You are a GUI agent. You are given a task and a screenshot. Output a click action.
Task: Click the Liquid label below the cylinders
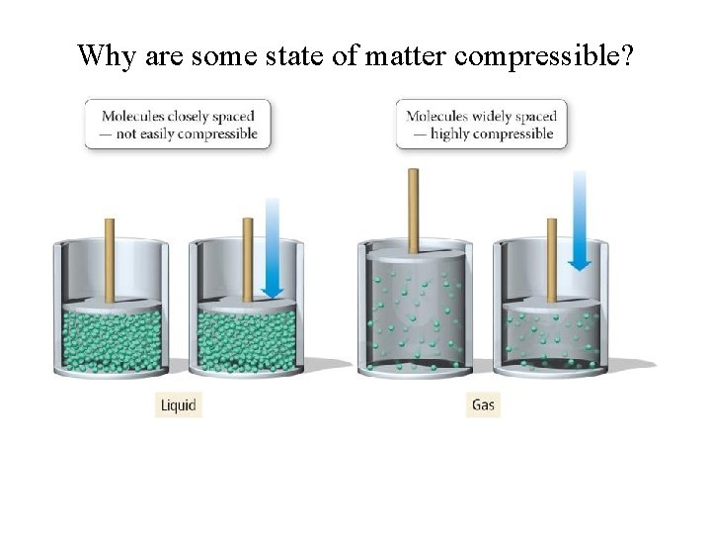179,404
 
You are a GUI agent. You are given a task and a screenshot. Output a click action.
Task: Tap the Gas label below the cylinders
483,404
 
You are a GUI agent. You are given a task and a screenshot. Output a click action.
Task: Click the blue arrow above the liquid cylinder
273,247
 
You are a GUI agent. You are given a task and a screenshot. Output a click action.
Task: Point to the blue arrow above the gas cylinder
580,220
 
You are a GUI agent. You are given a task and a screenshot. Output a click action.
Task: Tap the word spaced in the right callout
537,117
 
